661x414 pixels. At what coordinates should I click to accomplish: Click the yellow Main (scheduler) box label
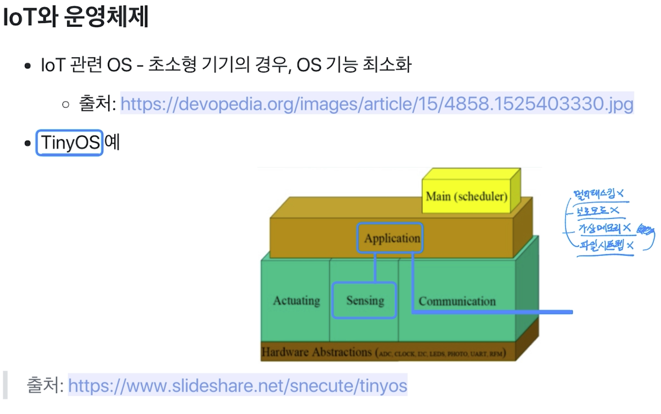pos(466,196)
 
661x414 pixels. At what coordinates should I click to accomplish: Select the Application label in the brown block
pos(392,238)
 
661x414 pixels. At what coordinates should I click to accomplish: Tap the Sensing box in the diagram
pos(365,301)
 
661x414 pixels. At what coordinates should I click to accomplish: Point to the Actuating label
pos(296,301)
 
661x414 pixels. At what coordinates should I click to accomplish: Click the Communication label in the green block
pos(457,301)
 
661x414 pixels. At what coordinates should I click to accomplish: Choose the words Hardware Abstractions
pos(316,352)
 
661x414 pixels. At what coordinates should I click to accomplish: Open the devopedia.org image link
pos(377,103)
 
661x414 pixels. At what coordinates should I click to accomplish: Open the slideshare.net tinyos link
pos(238,386)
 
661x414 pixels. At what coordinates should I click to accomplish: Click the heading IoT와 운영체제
pos(76,17)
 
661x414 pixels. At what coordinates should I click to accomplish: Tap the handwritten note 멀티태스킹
pos(594,194)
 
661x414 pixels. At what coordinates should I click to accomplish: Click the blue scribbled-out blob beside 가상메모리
pos(645,230)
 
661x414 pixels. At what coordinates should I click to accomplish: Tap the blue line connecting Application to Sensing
pos(375,267)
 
